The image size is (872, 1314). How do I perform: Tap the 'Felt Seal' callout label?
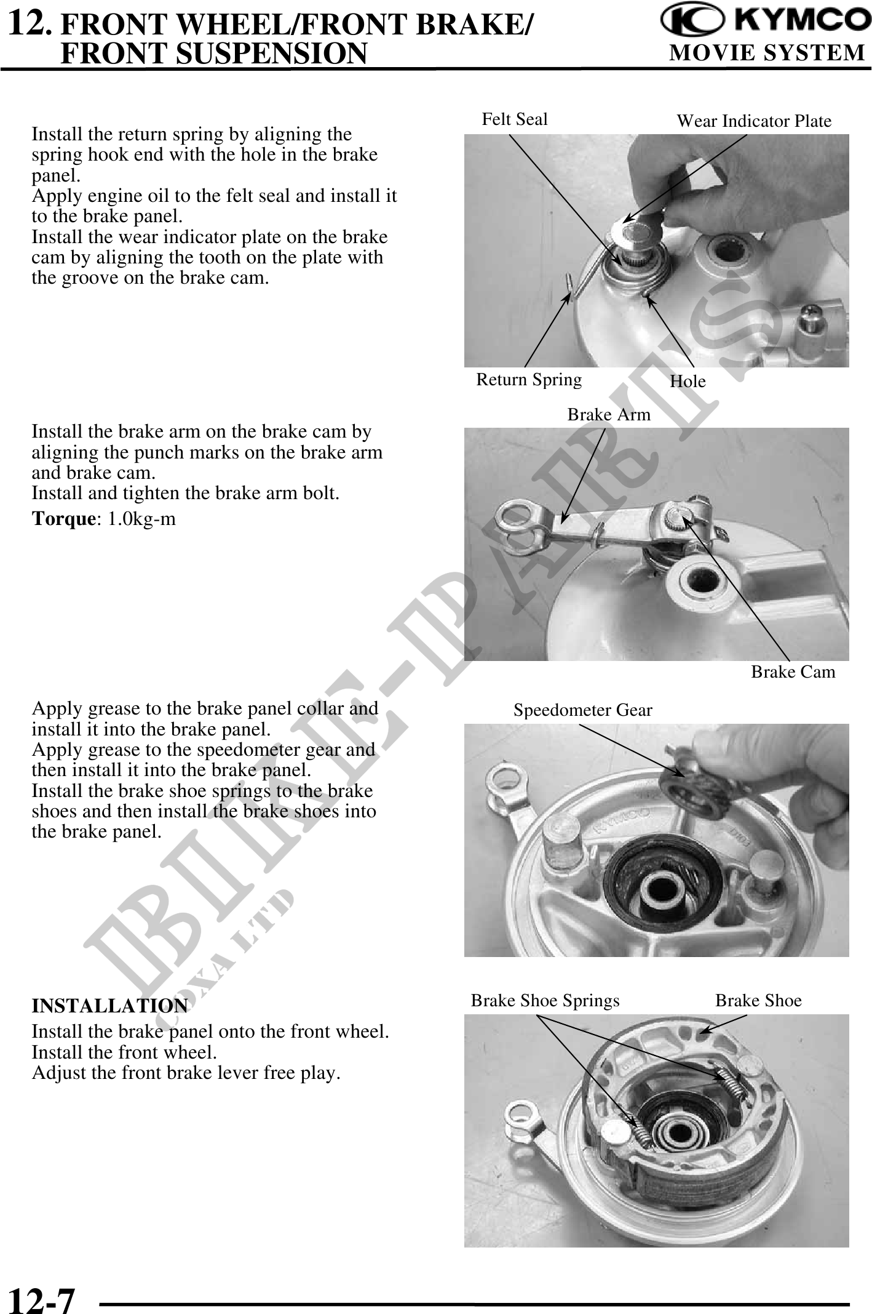click(x=514, y=119)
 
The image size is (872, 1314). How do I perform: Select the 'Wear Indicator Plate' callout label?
click(x=753, y=121)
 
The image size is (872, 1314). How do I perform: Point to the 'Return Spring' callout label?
click(x=529, y=379)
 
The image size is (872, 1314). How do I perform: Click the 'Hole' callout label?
click(x=688, y=382)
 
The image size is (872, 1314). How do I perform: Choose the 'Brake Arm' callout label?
click(x=608, y=415)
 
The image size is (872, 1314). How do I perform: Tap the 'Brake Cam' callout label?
click(x=793, y=671)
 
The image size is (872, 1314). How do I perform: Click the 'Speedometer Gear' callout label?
click(x=582, y=710)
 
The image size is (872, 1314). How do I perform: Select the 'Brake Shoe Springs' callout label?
click(x=545, y=1001)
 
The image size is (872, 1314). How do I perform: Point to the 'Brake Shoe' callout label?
click(x=758, y=1001)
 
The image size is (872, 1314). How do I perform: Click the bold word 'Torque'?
click(x=61, y=519)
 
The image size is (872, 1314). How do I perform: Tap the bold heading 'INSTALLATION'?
click(x=109, y=1006)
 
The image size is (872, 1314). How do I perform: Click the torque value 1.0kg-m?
click(x=141, y=519)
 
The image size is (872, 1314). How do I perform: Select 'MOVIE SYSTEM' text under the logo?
click(x=767, y=54)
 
